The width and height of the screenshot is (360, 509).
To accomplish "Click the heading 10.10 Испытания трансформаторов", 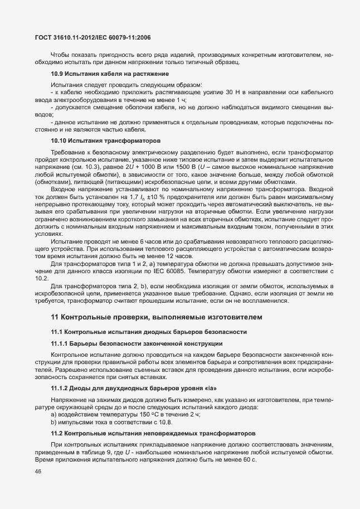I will (x=105, y=141).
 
